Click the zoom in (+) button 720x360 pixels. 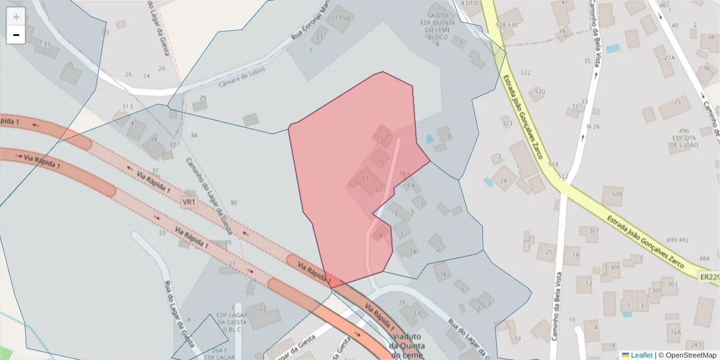pyautogui.click(x=16, y=17)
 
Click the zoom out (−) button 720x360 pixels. pyautogui.click(x=16, y=35)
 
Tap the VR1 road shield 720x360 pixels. pyautogui.click(x=189, y=203)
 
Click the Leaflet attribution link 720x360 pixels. pyautogui.click(x=641, y=355)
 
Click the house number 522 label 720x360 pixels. pyautogui.click(x=526, y=73)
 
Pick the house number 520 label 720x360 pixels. pyautogui.click(x=539, y=92)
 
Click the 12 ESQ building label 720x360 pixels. pyautogui.click(x=340, y=17)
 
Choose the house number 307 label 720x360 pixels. pyautogui.click(x=593, y=230)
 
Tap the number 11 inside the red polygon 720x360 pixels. pyautogui.click(x=364, y=179)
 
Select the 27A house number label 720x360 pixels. pyautogui.click(x=670, y=58)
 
